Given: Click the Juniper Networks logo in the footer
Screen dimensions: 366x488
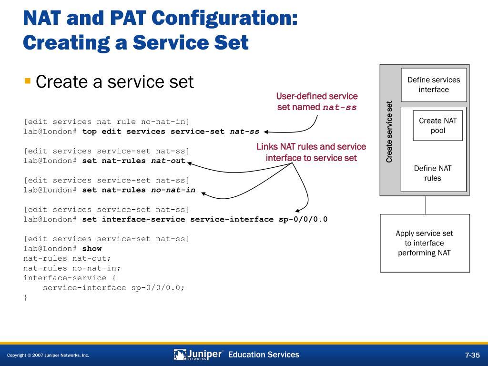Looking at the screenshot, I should point(198,355).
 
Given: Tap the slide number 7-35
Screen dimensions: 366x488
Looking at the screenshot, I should point(472,355).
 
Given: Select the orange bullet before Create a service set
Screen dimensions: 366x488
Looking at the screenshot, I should point(28,81).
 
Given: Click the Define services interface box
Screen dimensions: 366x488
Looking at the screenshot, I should point(434,85).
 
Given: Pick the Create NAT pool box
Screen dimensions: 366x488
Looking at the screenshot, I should point(437,125).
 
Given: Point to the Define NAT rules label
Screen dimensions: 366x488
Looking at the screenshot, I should point(433,173).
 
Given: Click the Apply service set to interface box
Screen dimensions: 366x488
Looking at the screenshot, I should point(425,243).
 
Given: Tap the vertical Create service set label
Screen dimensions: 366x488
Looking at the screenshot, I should point(389,132).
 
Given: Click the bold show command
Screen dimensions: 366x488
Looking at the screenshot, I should point(92,248).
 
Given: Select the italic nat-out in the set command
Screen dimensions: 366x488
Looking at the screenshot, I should point(168,161).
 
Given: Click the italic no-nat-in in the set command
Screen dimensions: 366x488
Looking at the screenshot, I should point(173,190).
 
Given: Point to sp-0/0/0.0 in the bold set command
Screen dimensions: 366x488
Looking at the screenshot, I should point(303,219).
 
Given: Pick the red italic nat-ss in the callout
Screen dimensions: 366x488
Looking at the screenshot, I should point(339,107).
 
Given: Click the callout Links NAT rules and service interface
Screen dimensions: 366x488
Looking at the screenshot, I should point(311,152).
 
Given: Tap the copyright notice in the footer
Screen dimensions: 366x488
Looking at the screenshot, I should point(48,356).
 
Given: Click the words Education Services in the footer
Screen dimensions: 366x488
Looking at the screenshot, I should point(264,355).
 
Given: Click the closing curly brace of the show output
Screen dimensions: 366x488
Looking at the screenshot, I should point(26,297).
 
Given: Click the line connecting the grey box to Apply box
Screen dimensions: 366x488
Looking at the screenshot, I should point(426,205).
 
